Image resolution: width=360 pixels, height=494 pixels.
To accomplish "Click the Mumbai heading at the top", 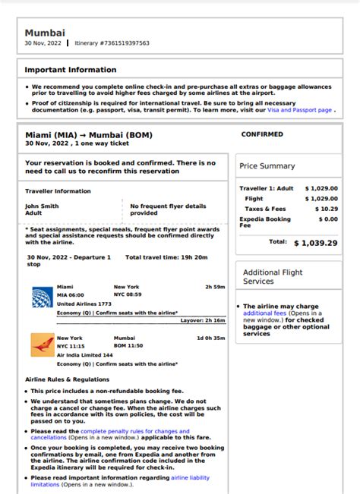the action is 45,33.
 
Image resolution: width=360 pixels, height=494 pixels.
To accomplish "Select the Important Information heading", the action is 71,70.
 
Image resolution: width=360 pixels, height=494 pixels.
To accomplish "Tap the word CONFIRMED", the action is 262,134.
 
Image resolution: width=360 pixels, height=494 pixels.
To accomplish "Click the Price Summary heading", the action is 267,166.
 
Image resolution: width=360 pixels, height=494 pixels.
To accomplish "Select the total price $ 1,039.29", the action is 315,243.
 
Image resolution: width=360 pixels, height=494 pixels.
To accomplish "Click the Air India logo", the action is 41,345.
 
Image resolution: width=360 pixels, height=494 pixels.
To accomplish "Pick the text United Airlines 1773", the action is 84,304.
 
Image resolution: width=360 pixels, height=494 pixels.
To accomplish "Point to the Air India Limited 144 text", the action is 85,354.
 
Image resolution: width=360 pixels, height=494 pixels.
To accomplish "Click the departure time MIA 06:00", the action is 71,295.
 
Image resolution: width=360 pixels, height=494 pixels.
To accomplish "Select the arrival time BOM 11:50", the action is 128,345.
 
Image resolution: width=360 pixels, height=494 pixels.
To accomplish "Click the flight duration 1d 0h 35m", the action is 210,338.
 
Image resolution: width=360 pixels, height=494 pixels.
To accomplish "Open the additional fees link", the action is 264,313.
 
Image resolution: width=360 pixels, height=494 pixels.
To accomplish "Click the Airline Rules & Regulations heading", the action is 67,379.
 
